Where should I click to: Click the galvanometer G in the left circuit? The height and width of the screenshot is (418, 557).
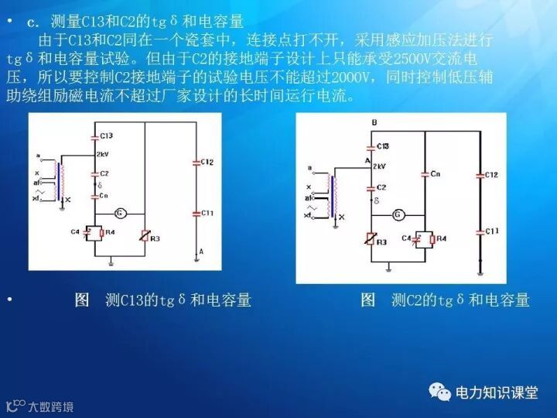pos(121,213)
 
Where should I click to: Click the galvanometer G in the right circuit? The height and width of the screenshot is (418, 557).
pos(398,214)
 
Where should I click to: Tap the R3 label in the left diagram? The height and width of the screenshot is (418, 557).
pos(155,239)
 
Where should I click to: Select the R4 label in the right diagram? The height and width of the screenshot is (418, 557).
pos(442,239)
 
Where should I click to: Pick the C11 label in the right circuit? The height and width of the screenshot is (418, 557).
pos(493,231)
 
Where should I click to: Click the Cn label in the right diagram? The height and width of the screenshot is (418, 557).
pos(436,173)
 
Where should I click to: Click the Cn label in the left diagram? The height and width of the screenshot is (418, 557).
pos(104,196)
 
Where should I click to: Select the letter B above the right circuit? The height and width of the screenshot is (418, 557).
pos(374,123)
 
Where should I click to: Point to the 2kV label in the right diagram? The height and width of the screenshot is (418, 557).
pos(379,166)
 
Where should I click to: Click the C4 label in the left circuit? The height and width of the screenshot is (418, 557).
pos(75,231)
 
